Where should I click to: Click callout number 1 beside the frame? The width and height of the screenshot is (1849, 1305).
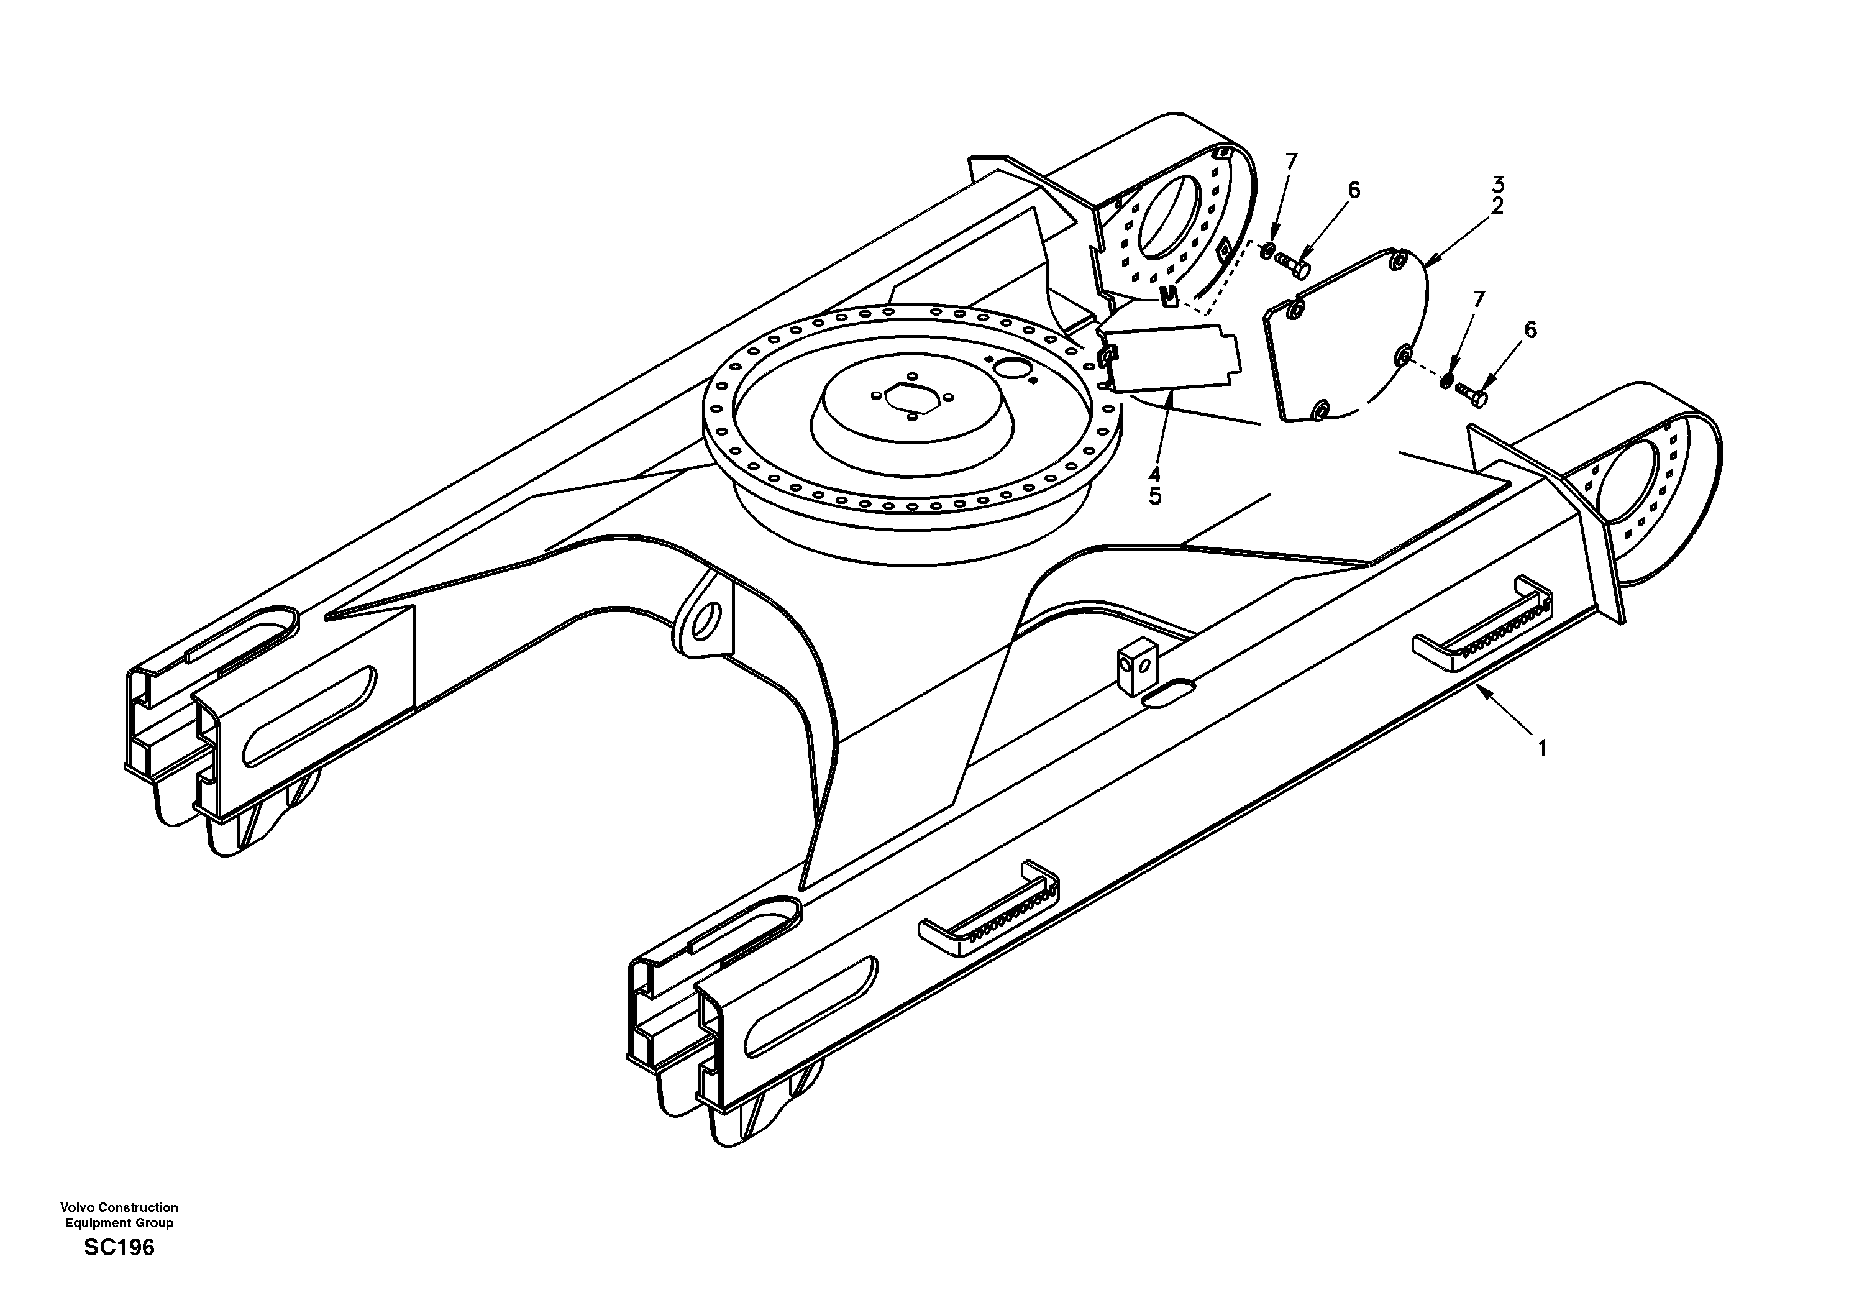[1542, 749]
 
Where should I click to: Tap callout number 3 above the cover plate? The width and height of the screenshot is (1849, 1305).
[1498, 185]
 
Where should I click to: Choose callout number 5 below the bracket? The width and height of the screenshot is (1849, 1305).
[1156, 497]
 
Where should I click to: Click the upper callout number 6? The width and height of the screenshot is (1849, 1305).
[1354, 191]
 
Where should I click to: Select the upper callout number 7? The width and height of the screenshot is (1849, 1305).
[1292, 162]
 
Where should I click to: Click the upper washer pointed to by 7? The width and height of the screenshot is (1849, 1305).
[1267, 250]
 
